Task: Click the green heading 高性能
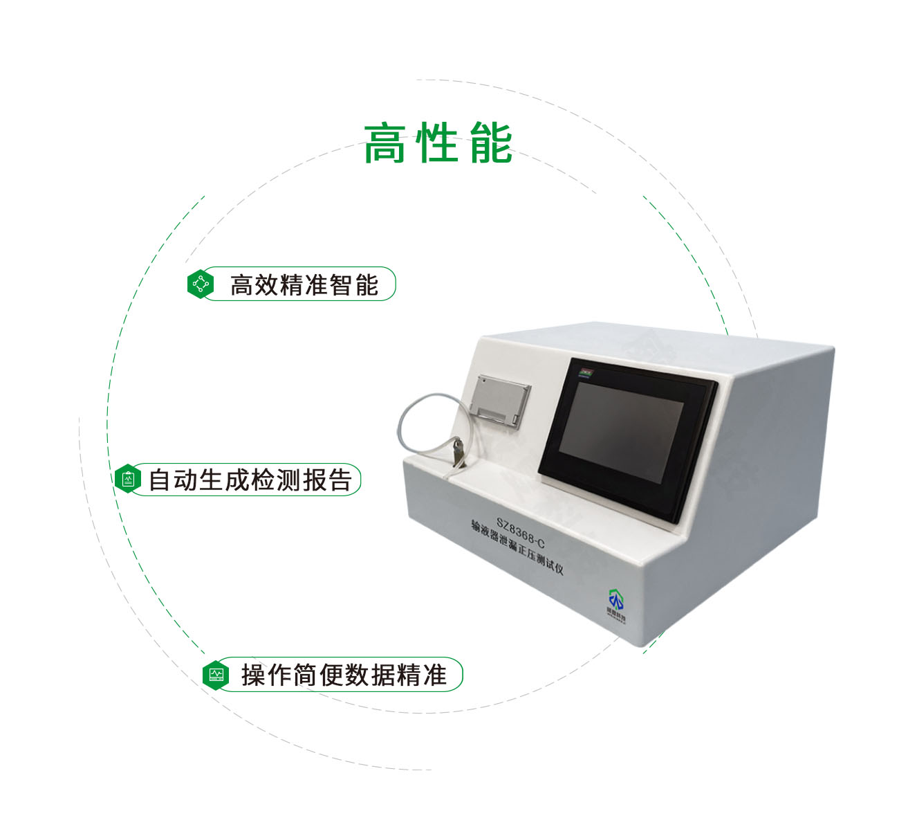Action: [x=438, y=144]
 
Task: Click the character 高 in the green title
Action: [x=384, y=144]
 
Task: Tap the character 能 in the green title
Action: [x=491, y=144]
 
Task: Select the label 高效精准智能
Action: [x=304, y=284]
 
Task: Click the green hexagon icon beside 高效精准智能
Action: [x=201, y=284]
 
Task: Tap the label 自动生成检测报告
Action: [x=250, y=480]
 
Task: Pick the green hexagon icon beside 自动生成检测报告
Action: [x=128, y=479]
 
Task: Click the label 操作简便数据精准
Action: [x=344, y=675]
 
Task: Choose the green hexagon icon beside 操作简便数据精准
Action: [x=216, y=674]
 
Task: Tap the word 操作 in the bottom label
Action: [x=266, y=675]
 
